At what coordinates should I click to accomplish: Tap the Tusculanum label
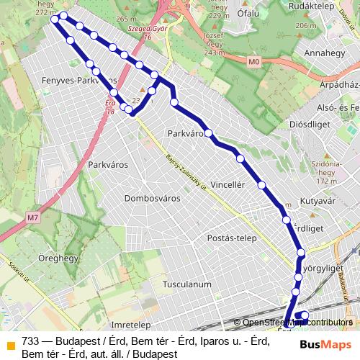coord(187,284)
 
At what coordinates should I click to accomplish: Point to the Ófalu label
coord(248,13)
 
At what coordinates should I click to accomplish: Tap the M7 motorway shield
coord(32,217)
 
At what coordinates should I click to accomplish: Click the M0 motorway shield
coord(253,63)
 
